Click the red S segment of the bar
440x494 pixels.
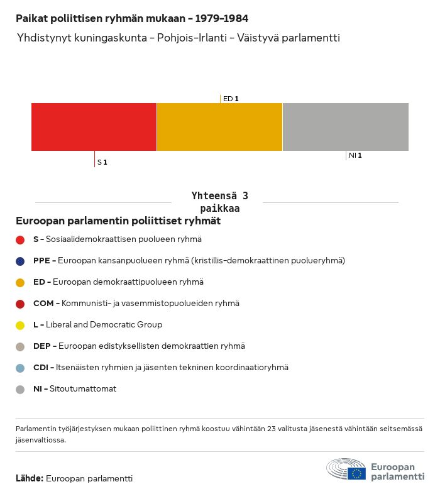click(94, 127)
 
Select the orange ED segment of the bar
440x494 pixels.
click(219, 127)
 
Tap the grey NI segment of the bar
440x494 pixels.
click(346, 127)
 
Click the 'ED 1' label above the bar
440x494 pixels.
click(231, 99)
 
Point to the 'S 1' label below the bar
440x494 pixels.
click(102, 163)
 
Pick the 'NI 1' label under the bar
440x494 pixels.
click(355, 155)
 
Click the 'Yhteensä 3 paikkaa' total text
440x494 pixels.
click(219, 202)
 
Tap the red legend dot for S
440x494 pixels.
click(20, 239)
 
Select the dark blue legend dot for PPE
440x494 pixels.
click(20, 261)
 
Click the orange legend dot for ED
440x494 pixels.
click(20, 282)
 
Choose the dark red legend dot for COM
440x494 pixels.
click(20, 304)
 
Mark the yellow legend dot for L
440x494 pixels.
click(20, 325)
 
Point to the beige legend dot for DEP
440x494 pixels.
click(20, 346)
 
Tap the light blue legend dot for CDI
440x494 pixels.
click(20, 368)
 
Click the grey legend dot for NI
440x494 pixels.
click(20, 389)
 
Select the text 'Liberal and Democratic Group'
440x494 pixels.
click(104, 325)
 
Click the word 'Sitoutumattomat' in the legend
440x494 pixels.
click(83, 389)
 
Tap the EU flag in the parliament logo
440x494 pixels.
click(356, 473)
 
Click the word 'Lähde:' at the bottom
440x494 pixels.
click(30, 478)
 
